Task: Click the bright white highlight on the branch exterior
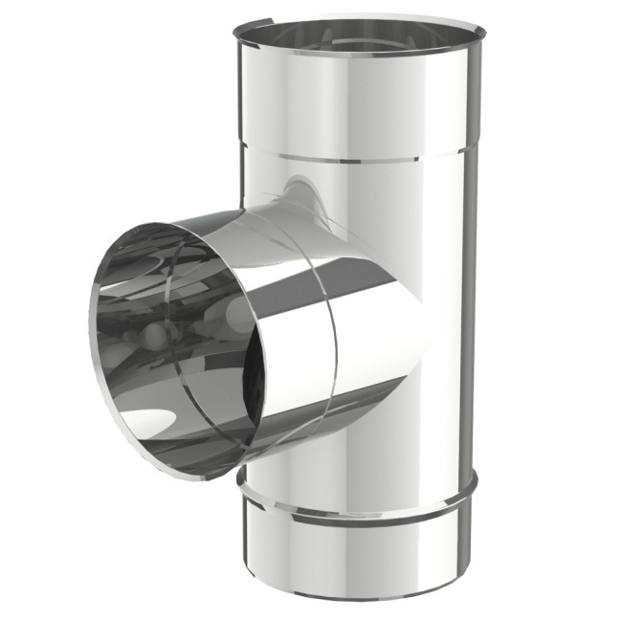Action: [x=373, y=316]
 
